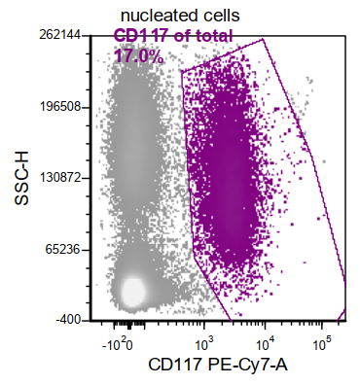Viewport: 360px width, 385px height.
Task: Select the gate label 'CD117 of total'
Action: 173,37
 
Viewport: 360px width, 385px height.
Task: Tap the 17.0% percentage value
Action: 138,55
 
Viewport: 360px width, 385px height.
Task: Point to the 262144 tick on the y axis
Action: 59,34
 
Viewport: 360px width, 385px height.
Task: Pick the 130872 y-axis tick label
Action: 59,178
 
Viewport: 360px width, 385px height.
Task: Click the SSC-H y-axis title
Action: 21,177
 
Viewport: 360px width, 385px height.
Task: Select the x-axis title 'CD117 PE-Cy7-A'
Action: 219,366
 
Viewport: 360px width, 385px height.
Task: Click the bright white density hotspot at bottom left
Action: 130,290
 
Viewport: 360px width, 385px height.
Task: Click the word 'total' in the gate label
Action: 212,37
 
